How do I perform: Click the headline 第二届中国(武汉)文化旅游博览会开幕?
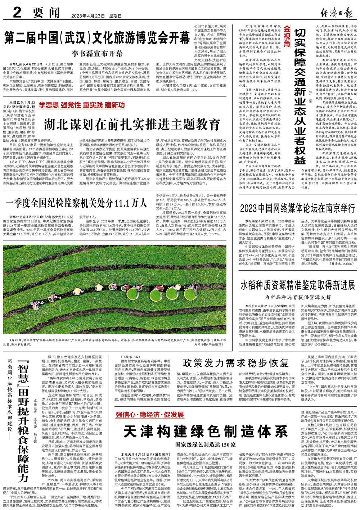[97, 37]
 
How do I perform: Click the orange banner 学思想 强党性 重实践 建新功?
[82, 105]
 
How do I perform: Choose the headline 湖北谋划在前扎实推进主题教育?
[132, 125]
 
